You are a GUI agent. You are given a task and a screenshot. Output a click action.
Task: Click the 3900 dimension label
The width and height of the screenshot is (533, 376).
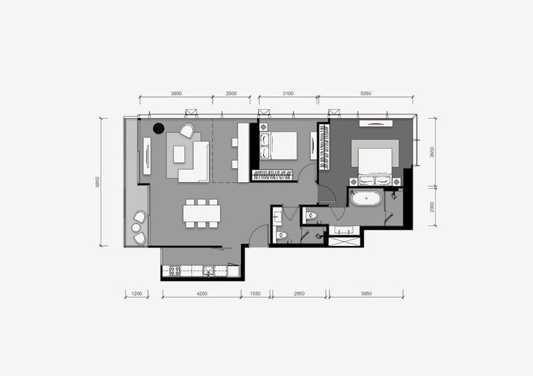[176, 94]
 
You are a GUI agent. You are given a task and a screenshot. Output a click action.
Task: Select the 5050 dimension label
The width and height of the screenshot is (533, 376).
[366, 94]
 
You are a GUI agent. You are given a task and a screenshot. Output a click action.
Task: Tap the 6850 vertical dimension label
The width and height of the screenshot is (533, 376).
[98, 182]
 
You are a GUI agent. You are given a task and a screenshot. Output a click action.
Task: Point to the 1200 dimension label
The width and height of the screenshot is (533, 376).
[137, 294]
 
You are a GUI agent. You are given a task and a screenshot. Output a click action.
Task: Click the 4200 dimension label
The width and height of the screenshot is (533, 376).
[202, 294]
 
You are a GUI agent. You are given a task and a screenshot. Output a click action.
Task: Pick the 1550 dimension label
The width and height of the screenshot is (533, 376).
[255, 294]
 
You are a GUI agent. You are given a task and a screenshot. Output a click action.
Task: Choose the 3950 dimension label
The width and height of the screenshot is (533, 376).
[366, 294]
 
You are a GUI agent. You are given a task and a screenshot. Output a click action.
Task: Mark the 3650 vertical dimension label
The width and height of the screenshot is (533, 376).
[432, 152]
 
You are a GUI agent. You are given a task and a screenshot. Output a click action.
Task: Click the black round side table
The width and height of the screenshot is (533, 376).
[158, 128]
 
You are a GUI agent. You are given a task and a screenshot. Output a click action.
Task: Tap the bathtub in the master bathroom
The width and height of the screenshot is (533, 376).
[366, 198]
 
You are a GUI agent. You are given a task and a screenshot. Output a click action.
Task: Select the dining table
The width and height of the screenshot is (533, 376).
[201, 213]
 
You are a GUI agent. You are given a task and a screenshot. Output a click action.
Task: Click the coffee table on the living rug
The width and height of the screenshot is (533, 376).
[179, 155]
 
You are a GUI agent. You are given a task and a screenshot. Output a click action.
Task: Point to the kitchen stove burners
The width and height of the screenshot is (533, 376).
[175, 270]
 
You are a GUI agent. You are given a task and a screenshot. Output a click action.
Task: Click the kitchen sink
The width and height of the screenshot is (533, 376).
[207, 270]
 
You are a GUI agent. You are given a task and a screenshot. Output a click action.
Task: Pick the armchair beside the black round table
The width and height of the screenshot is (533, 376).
[187, 131]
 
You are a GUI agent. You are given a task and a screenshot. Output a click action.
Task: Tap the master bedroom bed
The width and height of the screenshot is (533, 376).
[375, 162]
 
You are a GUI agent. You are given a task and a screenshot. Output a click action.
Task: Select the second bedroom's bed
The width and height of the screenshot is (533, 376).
[279, 146]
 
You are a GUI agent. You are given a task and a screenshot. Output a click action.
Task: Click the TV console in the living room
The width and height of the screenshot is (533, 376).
[147, 156]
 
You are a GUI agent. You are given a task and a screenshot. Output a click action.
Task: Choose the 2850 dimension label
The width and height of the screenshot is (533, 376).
[299, 294]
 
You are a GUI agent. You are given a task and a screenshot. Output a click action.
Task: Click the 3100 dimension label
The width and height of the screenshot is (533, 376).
[288, 94]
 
